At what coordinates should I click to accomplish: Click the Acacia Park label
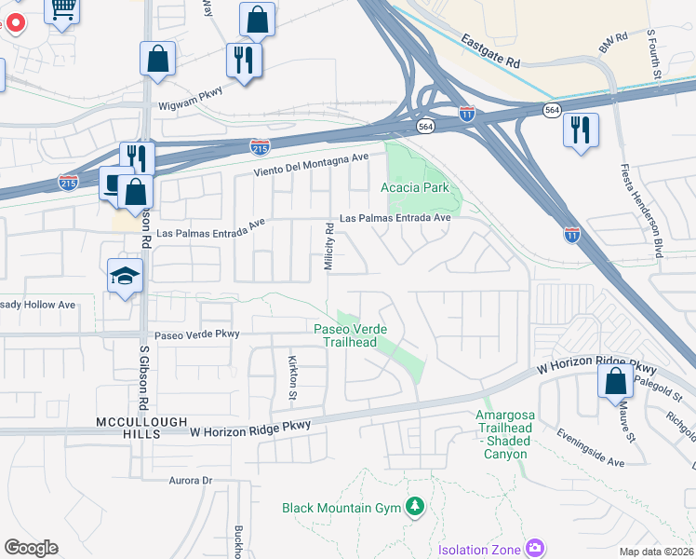(x=414, y=187)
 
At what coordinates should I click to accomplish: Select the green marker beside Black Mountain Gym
(x=414, y=508)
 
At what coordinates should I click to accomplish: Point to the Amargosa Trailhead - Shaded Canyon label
(x=503, y=434)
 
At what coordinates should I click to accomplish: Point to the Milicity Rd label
(x=328, y=247)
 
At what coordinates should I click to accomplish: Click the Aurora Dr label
(x=191, y=481)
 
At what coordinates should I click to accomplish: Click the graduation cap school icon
(x=124, y=275)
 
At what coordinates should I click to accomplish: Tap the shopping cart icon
(x=63, y=10)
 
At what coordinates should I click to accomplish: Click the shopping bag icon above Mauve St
(x=615, y=381)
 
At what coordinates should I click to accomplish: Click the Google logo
(x=31, y=548)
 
